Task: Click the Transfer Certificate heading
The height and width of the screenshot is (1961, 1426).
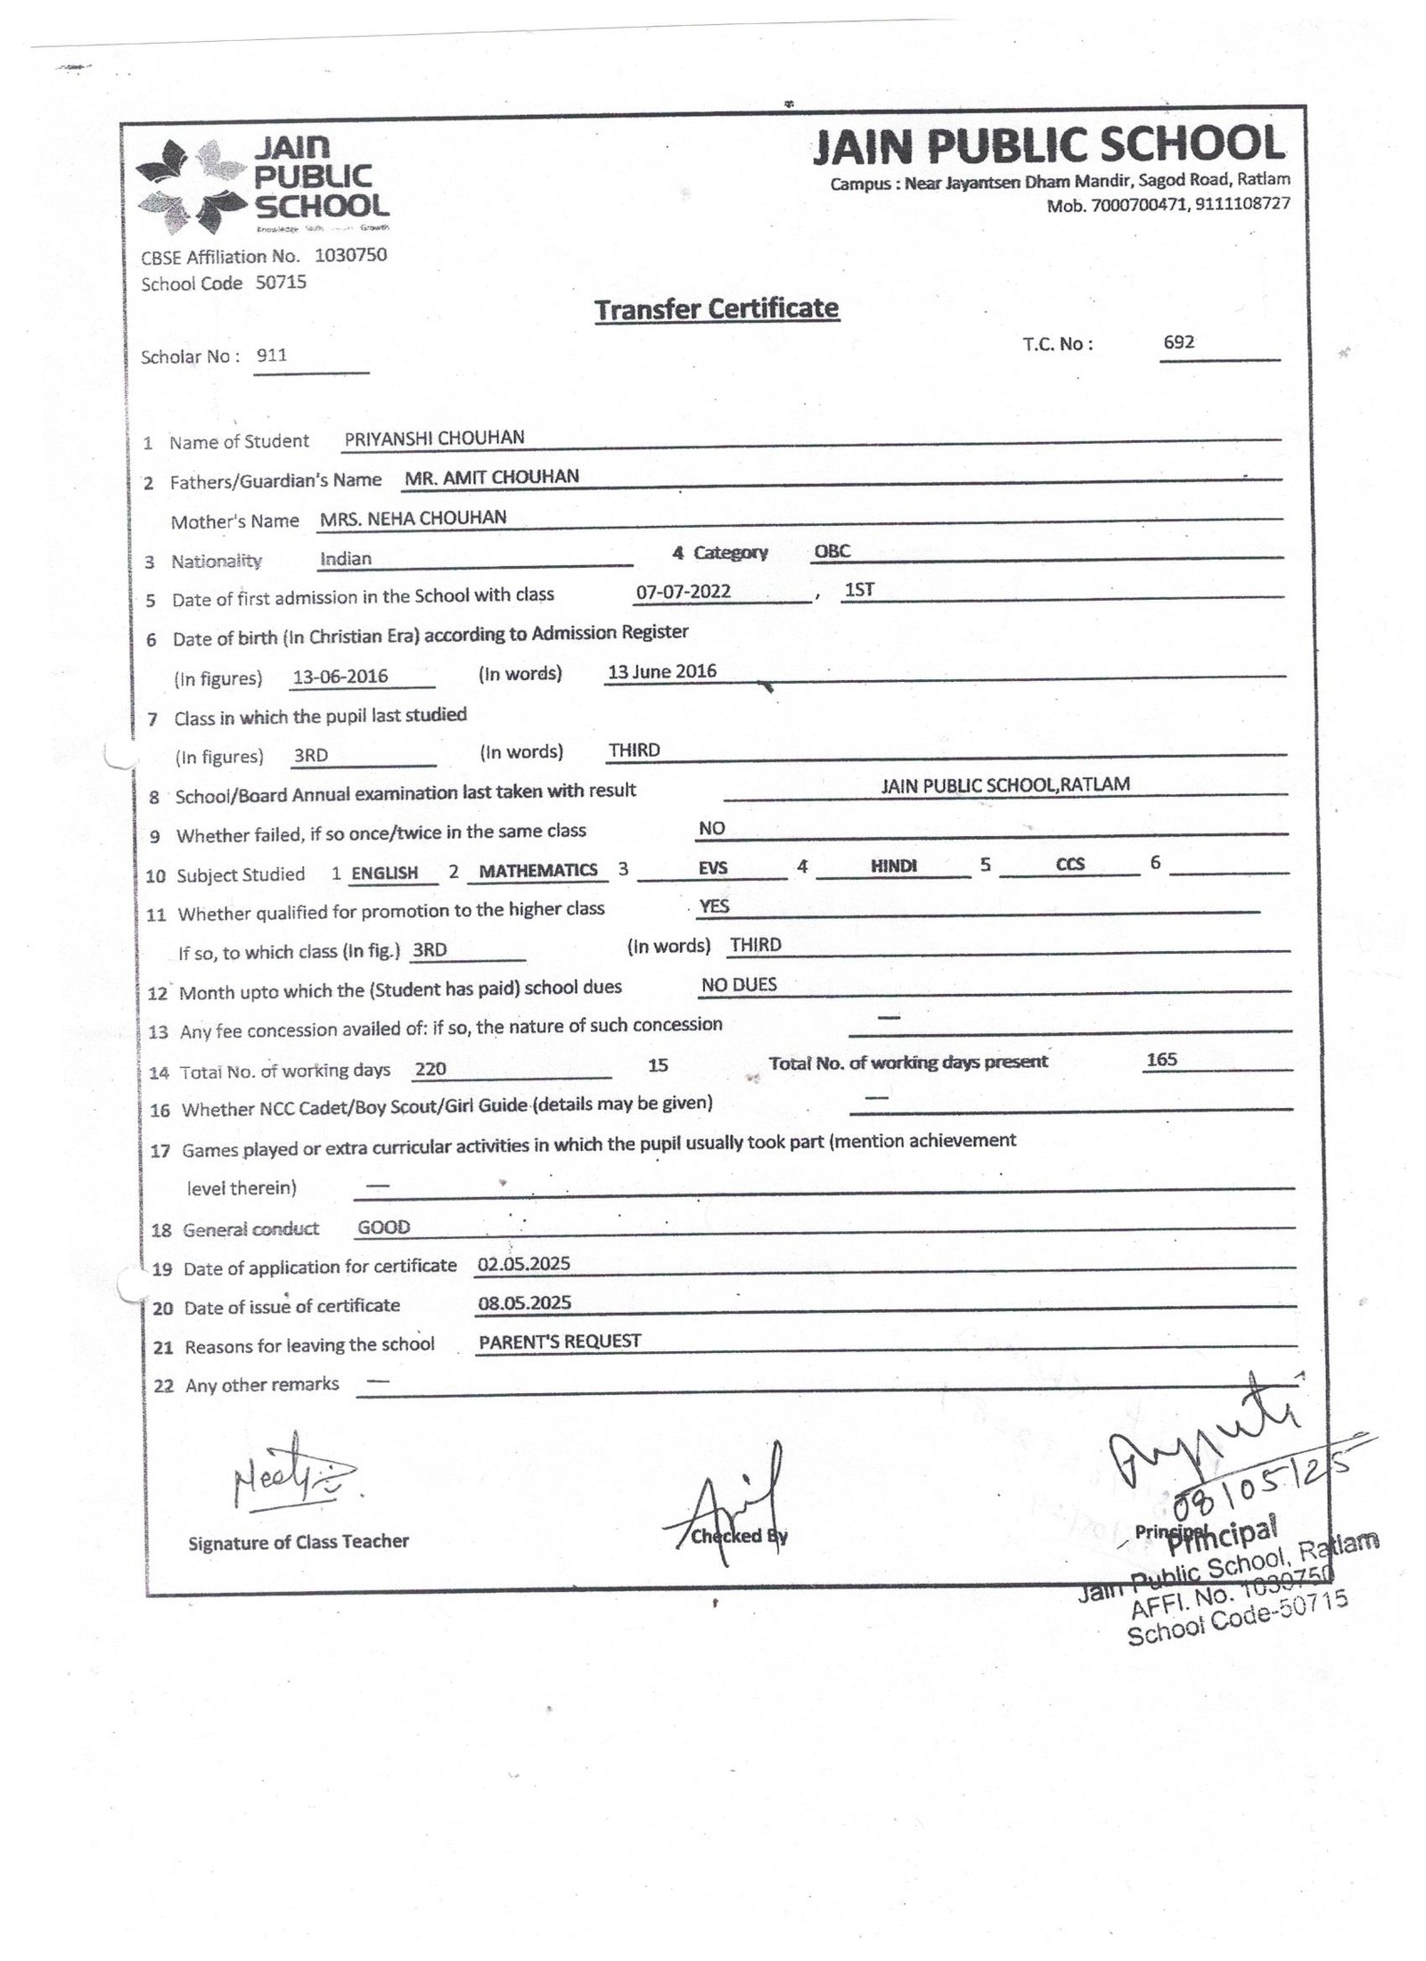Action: click(x=716, y=309)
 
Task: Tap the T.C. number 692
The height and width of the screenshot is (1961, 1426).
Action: click(x=1178, y=342)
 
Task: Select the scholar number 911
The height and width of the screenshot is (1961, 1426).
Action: click(x=272, y=355)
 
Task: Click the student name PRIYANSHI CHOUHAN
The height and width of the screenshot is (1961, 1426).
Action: click(x=434, y=438)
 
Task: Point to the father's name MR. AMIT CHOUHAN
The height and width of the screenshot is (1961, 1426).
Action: click(x=491, y=477)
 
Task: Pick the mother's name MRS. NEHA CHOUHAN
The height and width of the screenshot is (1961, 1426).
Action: click(x=414, y=518)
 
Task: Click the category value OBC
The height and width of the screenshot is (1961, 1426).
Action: click(x=832, y=551)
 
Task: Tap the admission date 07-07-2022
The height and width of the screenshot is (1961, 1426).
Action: click(x=684, y=592)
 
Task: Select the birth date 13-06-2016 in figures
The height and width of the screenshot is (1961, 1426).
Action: click(x=340, y=677)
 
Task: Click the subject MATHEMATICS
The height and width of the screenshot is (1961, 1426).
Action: click(x=538, y=871)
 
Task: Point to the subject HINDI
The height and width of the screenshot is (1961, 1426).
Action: click(x=894, y=866)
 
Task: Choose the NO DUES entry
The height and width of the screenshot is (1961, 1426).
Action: click(x=739, y=984)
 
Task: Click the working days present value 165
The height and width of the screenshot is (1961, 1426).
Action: click(x=1162, y=1059)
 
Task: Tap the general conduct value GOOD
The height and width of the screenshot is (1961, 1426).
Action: click(x=383, y=1227)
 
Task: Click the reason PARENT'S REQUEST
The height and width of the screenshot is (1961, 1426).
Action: click(x=560, y=1342)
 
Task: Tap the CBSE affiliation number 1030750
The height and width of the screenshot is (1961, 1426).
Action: click(x=351, y=255)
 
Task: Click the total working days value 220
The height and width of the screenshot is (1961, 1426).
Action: click(x=430, y=1070)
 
